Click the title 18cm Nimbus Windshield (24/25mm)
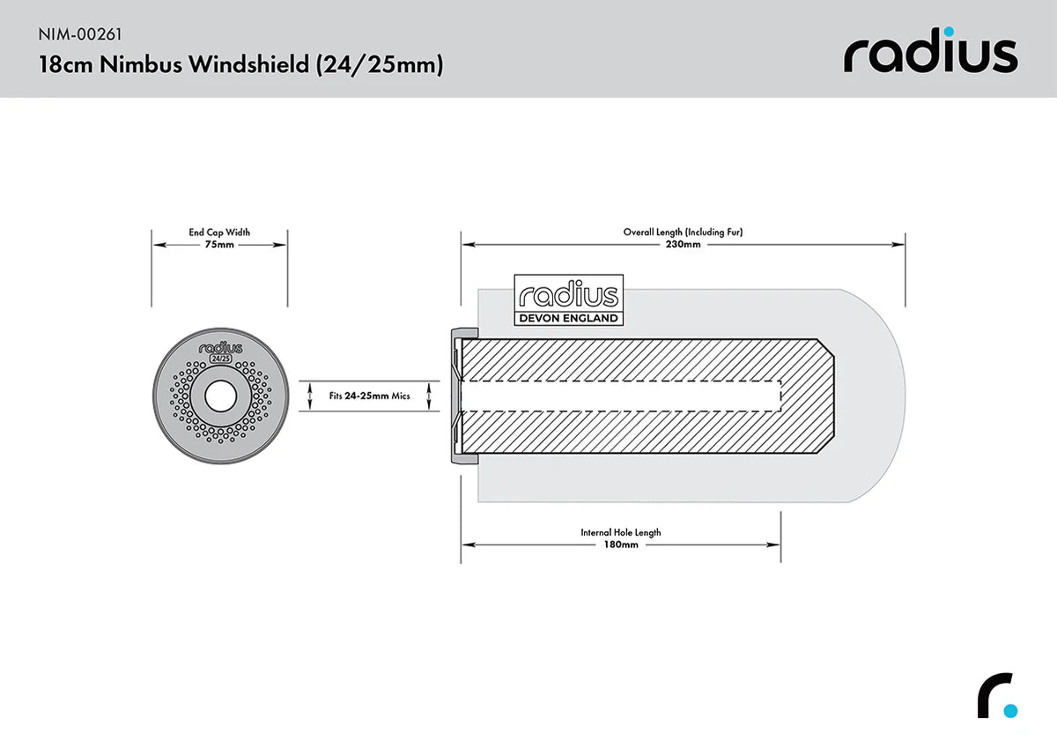(240, 65)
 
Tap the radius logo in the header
(930, 55)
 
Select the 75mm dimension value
(219, 245)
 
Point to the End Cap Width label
(219, 233)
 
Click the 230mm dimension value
(684, 245)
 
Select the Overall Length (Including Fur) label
(684, 233)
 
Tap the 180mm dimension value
(621, 544)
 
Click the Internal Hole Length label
(621, 532)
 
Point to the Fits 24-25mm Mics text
(370, 396)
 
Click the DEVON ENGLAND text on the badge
(568, 318)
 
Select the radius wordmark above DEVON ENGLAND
(568, 295)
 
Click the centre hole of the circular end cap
(219, 396)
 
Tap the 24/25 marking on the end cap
(219, 360)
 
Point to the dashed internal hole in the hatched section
(621, 396)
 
